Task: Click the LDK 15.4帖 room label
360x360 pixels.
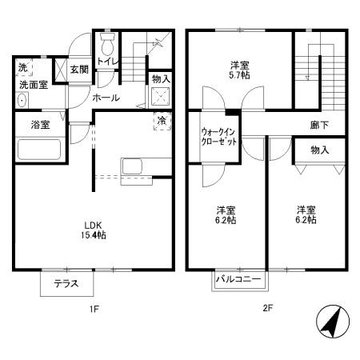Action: click(x=95, y=230)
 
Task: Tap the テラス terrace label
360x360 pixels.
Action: click(x=66, y=283)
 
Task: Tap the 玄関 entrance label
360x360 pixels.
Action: click(x=78, y=70)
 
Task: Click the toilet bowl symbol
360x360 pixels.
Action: click(x=107, y=40)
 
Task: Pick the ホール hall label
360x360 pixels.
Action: click(x=106, y=98)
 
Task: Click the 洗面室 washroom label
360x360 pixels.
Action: click(x=34, y=84)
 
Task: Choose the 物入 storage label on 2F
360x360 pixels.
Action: click(x=320, y=150)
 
